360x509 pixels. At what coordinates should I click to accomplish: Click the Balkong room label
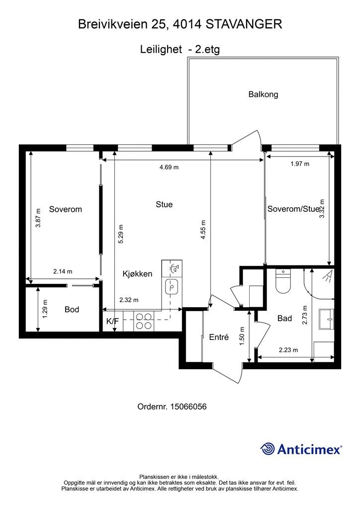(x=263, y=94)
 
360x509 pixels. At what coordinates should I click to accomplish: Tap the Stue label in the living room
(x=164, y=204)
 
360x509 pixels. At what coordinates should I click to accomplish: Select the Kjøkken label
(x=137, y=274)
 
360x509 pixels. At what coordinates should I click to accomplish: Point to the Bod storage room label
(x=72, y=309)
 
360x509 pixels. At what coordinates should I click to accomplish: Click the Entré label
(x=219, y=338)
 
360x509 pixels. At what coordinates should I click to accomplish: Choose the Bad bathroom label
(x=284, y=319)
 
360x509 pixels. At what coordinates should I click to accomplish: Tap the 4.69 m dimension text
(x=169, y=167)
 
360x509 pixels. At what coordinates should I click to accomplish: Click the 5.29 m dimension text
(x=120, y=234)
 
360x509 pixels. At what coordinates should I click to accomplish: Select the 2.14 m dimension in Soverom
(x=63, y=271)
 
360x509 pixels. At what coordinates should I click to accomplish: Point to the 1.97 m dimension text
(x=300, y=164)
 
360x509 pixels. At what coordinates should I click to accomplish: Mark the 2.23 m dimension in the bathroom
(x=288, y=350)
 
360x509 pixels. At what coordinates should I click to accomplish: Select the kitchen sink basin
(x=172, y=287)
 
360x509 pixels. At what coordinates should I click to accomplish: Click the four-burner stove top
(x=144, y=321)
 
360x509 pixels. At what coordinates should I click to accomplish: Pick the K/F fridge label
(x=113, y=322)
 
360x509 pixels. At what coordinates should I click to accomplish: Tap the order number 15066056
(x=188, y=407)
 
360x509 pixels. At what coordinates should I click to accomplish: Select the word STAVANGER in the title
(x=244, y=24)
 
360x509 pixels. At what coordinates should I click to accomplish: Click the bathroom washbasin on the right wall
(x=326, y=319)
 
